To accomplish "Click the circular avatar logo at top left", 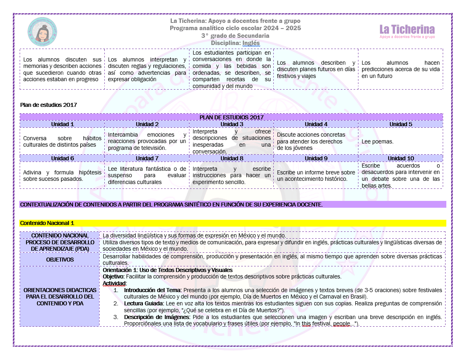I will click(x=42, y=32).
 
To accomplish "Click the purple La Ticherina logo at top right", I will click(x=407, y=31).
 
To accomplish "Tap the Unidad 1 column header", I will click(x=62, y=124).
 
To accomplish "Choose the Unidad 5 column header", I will click(x=401, y=124).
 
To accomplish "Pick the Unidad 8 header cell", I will click(x=232, y=158).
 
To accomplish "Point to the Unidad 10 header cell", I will click(x=401, y=158).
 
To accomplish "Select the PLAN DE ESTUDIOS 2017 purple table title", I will click(x=231, y=117).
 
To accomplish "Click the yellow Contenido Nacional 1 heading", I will click(x=47, y=223).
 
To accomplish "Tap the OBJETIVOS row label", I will click(x=60, y=260).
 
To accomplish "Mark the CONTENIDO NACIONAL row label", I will click(x=60, y=235).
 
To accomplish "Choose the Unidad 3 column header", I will click(x=232, y=124).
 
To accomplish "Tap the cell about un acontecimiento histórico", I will click(x=316, y=176).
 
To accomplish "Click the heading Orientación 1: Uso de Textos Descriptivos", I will click(x=167, y=270).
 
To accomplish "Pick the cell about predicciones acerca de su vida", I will click(x=401, y=69).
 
